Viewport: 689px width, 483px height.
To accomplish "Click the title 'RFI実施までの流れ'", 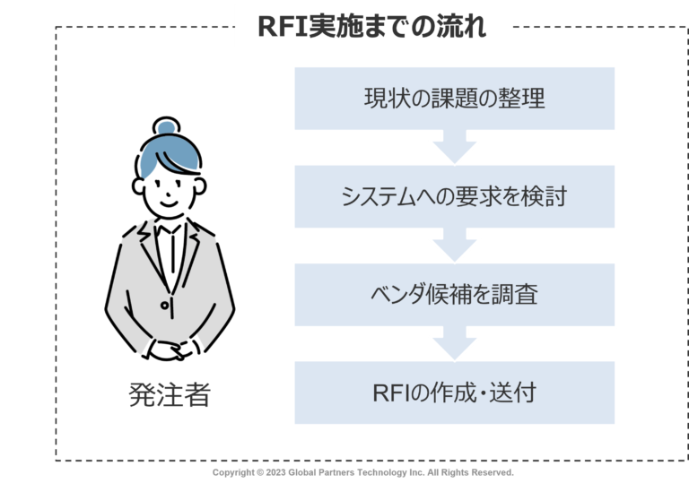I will [x=371, y=26].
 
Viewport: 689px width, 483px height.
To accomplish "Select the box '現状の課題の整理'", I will [x=454, y=98].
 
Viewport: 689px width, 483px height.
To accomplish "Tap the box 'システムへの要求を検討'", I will [x=454, y=196].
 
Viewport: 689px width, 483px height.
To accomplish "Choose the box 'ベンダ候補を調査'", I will [x=454, y=294].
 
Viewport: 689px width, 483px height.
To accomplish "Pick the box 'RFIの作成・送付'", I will [x=454, y=392].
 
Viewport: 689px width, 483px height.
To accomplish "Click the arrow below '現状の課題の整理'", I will [x=454, y=147].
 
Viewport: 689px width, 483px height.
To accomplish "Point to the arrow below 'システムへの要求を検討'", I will [x=454, y=245].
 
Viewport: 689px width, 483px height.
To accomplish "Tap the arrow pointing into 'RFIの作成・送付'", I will [x=454, y=343].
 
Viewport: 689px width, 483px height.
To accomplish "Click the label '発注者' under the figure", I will [x=170, y=394].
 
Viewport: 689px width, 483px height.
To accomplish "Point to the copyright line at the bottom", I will [x=362, y=471].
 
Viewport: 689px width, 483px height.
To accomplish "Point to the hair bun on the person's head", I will [x=167, y=127].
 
